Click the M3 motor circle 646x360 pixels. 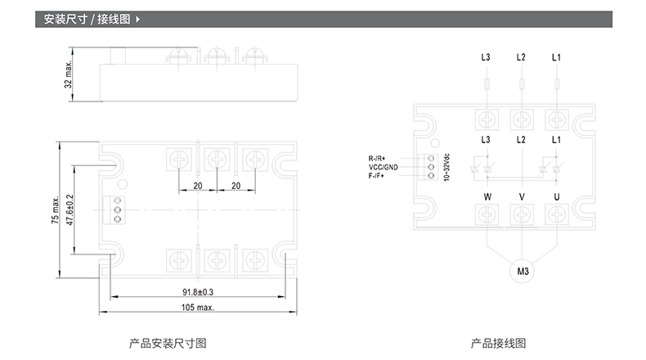click(521, 271)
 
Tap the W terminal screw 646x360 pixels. click(487, 214)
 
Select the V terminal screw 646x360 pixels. click(522, 214)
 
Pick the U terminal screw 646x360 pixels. click(556, 214)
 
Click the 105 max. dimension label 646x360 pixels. click(198, 308)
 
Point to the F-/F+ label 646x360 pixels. click(381, 176)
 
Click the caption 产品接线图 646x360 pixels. click(498, 343)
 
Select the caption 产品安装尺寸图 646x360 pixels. click(168, 343)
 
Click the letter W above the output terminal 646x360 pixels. click(487, 196)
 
